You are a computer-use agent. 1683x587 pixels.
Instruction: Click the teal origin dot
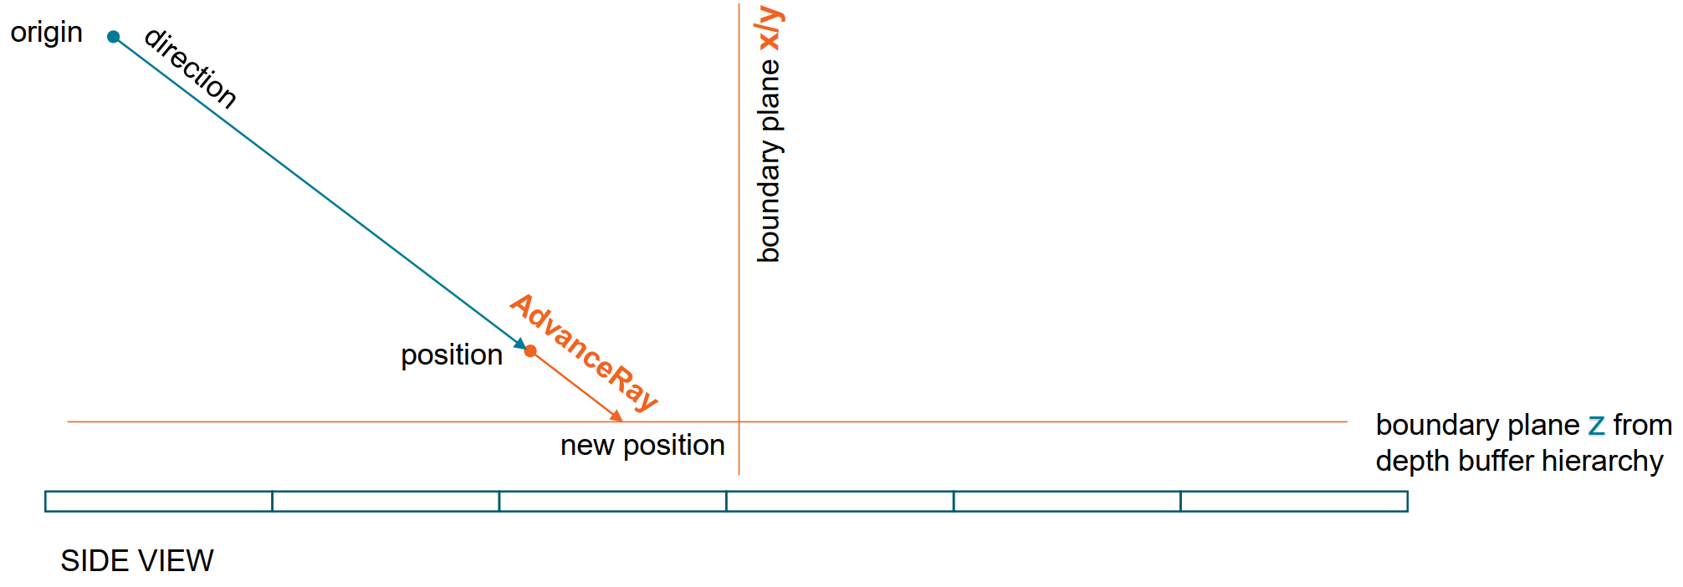point(114,36)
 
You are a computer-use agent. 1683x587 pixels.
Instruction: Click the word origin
point(46,33)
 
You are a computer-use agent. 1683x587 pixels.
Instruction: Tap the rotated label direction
point(191,69)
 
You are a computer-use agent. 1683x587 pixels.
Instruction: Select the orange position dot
point(530,351)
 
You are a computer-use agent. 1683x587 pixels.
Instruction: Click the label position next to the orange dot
point(452,355)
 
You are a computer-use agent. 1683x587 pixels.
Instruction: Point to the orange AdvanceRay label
point(584,352)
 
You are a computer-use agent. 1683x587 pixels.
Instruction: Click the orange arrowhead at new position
point(617,416)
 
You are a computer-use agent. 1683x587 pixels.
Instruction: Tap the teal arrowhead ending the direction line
point(520,344)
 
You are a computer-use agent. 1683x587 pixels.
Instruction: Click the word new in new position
point(587,446)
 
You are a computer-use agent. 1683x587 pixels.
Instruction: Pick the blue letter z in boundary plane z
point(1596,426)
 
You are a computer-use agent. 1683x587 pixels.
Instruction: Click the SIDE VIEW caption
point(137,561)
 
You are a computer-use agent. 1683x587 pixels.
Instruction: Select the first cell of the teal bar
point(159,502)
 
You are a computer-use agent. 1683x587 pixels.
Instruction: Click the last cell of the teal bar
point(1294,502)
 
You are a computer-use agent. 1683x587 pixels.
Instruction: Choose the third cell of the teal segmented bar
point(612,502)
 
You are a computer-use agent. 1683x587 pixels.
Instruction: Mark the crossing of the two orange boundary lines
point(739,422)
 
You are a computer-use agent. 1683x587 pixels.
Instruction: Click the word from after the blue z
point(1642,426)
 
